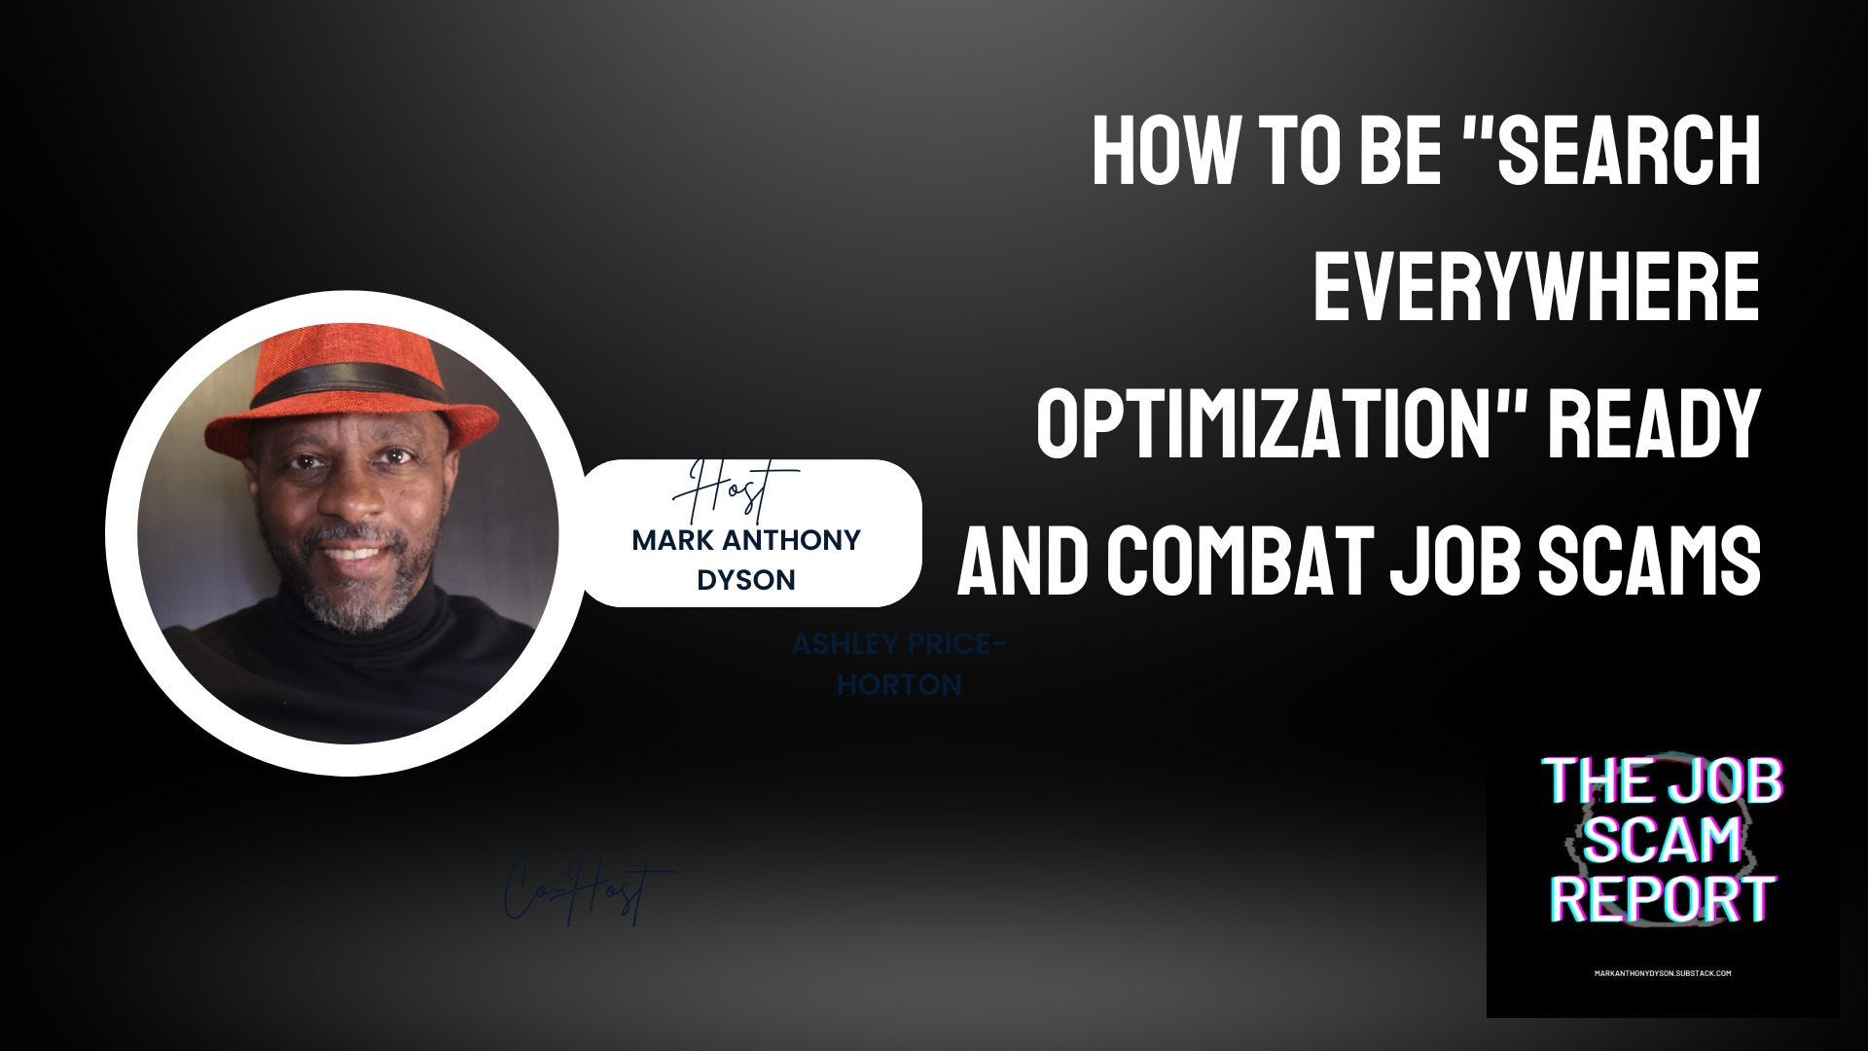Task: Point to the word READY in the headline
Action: pyautogui.click(x=1648, y=425)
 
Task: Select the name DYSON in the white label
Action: pyautogui.click(x=746, y=580)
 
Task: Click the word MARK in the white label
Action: pyautogui.click(x=673, y=540)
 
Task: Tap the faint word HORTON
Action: pyautogui.click(x=899, y=685)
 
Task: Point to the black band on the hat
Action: pyautogui.click(x=336, y=388)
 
